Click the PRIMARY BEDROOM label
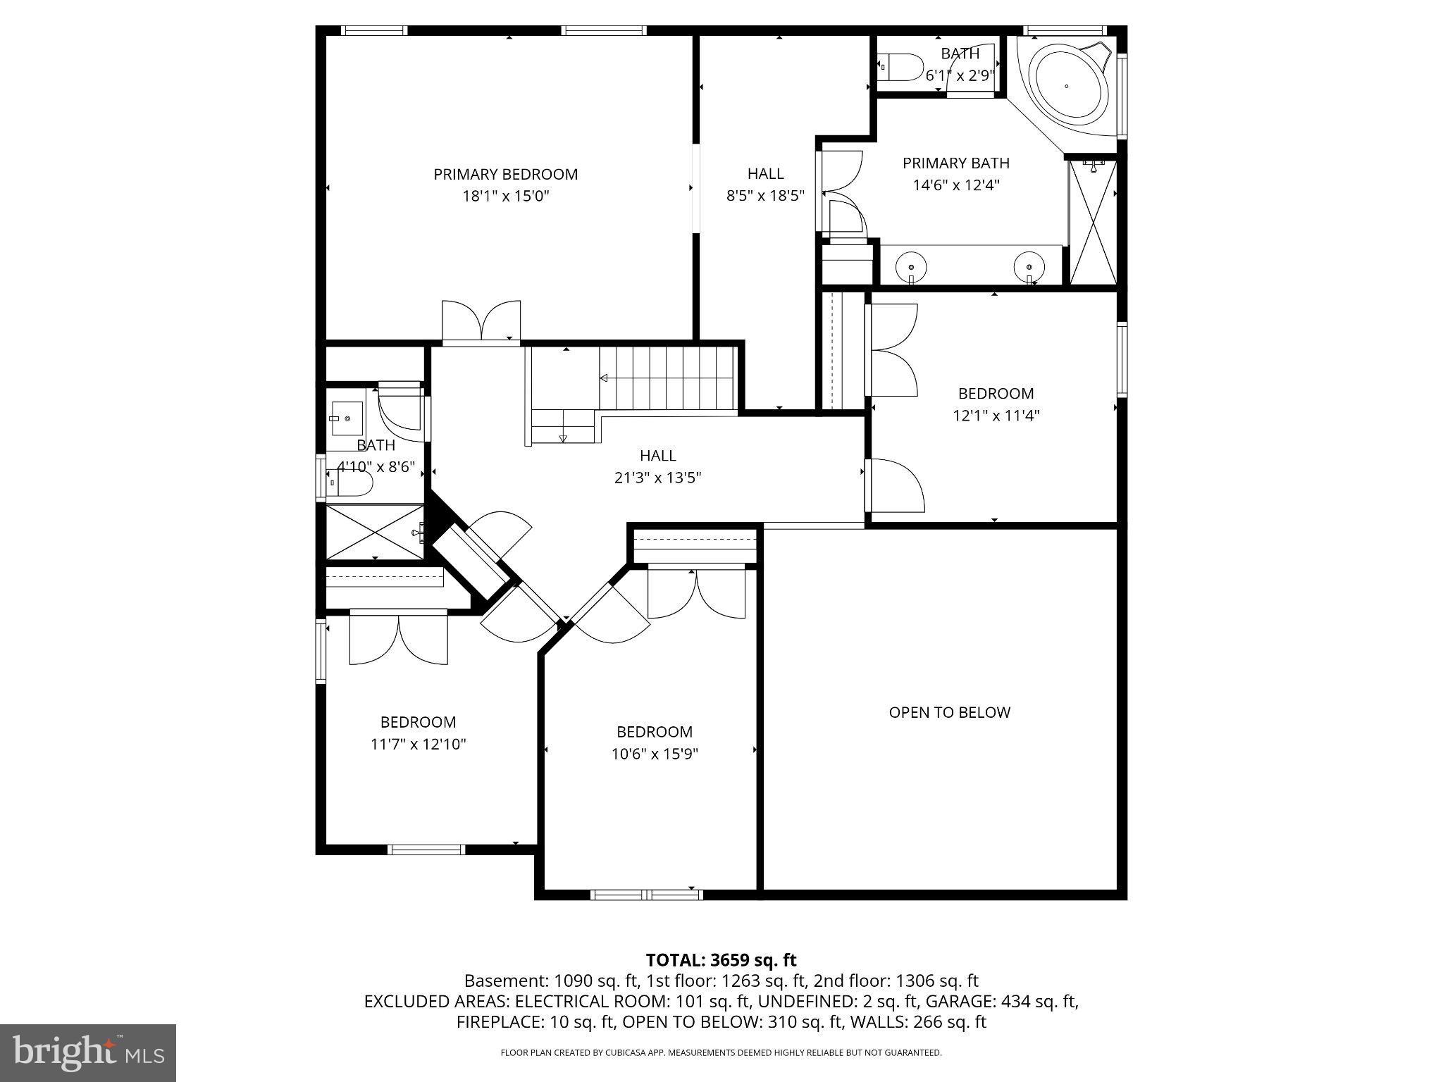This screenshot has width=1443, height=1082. click(x=505, y=174)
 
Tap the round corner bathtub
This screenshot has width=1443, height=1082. click(x=1066, y=85)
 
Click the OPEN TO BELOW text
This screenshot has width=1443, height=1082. click(x=949, y=712)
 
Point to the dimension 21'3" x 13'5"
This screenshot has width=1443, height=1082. click(x=657, y=478)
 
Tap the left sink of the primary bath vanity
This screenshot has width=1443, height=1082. click(x=911, y=268)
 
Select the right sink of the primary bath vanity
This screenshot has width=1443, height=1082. click(x=1029, y=268)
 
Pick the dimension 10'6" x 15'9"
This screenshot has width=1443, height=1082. click(x=654, y=754)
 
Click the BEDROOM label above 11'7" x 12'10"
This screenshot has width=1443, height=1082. click(x=418, y=722)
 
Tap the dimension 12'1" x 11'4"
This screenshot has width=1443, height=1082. click(x=996, y=416)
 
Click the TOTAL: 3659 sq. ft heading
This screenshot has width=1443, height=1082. click(x=721, y=959)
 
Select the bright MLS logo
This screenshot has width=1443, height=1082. click(x=88, y=1052)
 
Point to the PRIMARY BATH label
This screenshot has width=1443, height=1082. click(x=955, y=163)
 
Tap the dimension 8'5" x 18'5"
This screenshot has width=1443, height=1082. click(x=765, y=195)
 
